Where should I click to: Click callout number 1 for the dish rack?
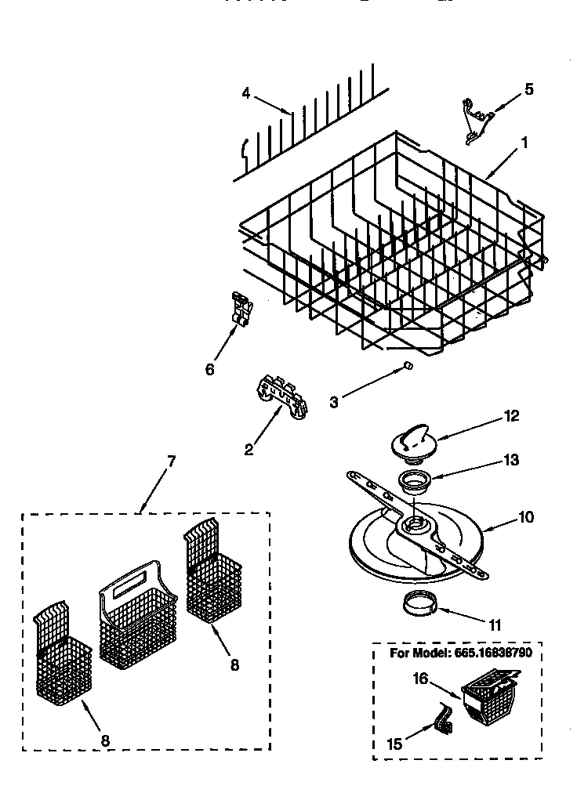524,143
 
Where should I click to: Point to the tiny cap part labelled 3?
408,365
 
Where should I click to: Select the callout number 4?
246,92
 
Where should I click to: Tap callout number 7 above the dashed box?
171,461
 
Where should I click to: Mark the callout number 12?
511,416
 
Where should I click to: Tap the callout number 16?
420,679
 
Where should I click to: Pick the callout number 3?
334,402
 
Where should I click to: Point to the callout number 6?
209,368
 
